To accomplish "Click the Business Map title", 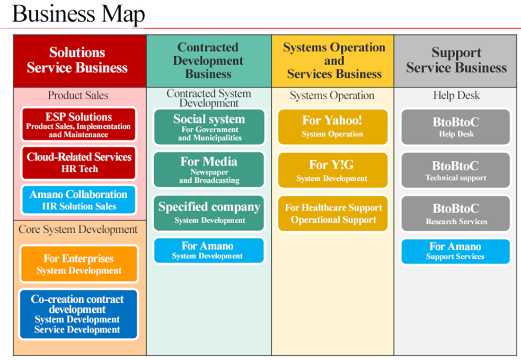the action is pos(78,14).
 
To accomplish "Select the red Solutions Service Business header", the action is pos(80,61).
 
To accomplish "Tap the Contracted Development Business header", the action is pos(209,61).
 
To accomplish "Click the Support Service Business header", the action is pos(455,61).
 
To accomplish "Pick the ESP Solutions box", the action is pos(79,124).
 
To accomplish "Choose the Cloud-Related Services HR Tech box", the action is pos(79,163).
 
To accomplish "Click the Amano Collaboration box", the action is pos(79,199).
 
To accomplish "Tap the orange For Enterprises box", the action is pos(79,264).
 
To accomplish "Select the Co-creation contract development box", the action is pos(78,314).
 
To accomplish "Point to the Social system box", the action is pos(209,127).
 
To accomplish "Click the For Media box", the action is pos(209,170).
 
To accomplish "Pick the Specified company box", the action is pos(209,213).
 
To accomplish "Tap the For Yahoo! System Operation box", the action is pos(333,127).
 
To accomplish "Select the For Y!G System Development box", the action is pos(333,170).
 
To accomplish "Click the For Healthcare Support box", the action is pos(333,214).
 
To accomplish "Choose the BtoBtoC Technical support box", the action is pos(455,170).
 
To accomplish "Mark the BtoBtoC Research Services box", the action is pos(455,214).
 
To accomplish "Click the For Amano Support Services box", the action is pos(455,251).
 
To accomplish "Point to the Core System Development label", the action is pos(78,230).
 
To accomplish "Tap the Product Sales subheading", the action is pos(78,95).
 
